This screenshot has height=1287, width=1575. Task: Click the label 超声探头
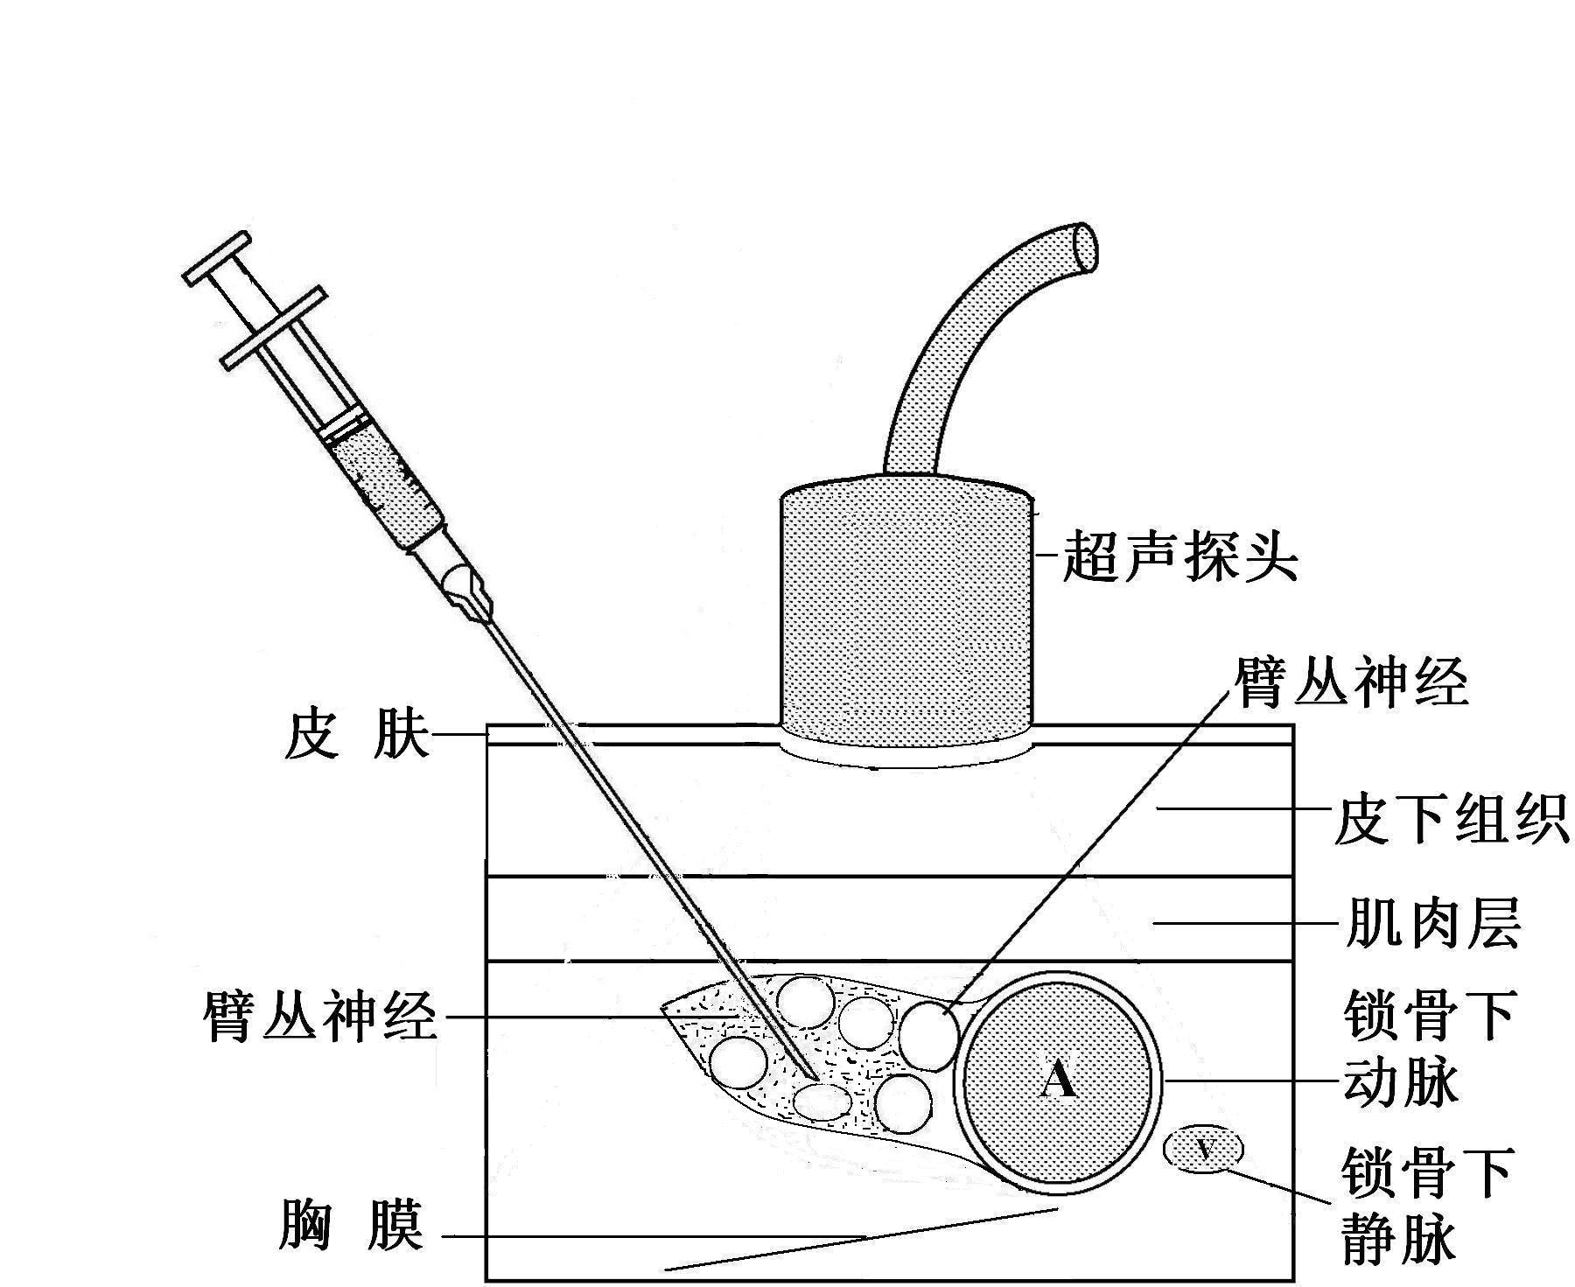[1179, 556]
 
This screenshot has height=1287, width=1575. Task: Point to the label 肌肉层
[1431, 922]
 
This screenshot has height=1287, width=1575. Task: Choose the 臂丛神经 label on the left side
[319, 1017]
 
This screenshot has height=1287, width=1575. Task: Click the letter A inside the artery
[1059, 1081]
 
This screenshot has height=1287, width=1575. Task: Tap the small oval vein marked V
[1205, 1148]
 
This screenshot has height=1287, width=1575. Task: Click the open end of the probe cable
[1085, 246]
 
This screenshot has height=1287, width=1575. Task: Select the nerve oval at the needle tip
[822, 1102]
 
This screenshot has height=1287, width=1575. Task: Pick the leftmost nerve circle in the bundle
[740, 1064]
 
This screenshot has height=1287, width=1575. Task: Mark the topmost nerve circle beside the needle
[806, 1003]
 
